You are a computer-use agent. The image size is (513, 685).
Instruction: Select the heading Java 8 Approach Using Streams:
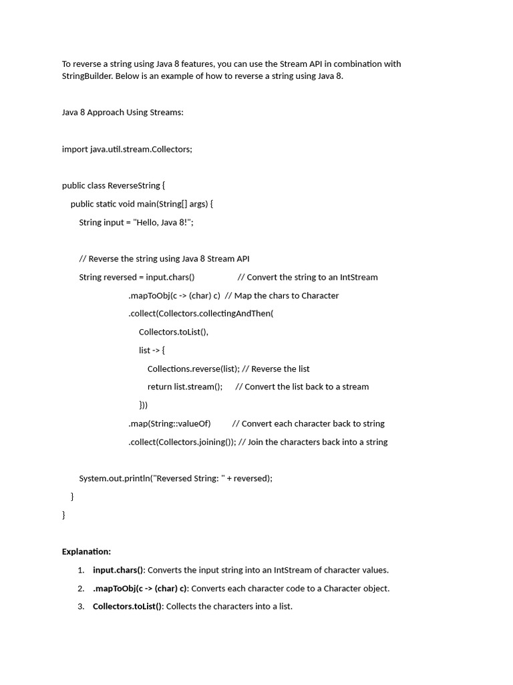[x=122, y=112]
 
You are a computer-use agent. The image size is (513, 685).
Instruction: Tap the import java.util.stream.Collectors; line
[x=127, y=149]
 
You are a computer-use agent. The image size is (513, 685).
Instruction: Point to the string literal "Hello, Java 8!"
[x=163, y=222]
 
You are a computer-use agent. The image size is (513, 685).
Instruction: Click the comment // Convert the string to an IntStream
[x=307, y=277]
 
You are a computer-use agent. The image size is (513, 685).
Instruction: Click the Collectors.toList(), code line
[x=174, y=332]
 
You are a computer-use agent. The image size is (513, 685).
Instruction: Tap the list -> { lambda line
[x=152, y=350]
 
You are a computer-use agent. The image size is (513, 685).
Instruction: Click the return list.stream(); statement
[x=185, y=387]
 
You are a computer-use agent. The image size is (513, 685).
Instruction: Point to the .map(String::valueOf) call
[x=170, y=423]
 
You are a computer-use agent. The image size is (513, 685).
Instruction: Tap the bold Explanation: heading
[x=86, y=552]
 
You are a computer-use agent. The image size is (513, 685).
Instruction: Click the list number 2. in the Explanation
[x=80, y=589]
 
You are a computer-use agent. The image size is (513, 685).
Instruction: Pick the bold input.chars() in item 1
[x=118, y=570]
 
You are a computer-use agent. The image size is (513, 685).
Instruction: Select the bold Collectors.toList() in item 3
[x=128, y=607]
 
